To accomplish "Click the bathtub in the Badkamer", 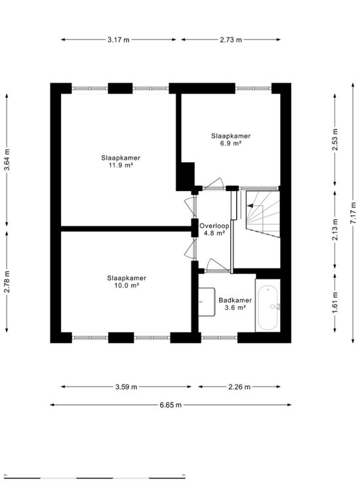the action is (x=268, y=307).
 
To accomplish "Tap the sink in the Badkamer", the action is (x=207, y=302).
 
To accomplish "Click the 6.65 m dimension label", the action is (x=170, y=405).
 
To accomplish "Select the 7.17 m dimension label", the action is (x=353, y=213).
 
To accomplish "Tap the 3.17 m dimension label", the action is (x=119, y=39).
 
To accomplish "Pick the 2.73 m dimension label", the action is (x=231, y=39).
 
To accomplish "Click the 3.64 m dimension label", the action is (x=7, y=159).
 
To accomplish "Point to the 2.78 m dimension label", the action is (x=7, y=282).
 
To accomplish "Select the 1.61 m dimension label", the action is (x=335, y=302).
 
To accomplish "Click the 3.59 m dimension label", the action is (x=126, y=387).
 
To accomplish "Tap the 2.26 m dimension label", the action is (x=239, y=387).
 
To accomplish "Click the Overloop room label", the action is (x=214, y=226).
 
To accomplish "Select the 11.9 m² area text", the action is (x=121, y=165).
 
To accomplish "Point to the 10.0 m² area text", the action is (x=127, y=285).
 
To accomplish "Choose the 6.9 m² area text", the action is (x=230, y=143).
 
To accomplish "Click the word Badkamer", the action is (x=235, y=300).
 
